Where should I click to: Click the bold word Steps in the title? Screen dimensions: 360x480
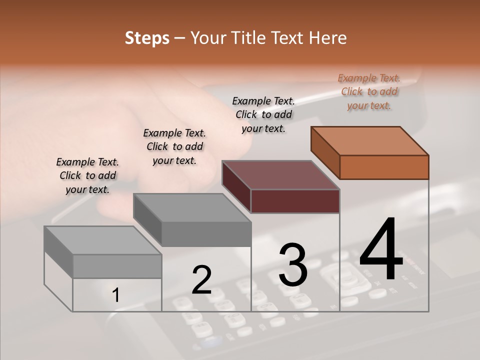[147, 38]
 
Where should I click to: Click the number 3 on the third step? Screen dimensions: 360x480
[292, 265]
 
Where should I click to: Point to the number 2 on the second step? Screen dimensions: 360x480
[201, 279]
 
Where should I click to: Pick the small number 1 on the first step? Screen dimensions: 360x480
[116, 295]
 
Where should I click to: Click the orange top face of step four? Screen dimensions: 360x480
[370, 140]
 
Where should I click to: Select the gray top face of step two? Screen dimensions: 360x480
[192, 207]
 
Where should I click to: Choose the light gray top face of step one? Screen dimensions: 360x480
[102, 240]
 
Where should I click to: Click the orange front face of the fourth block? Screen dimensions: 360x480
[384, 167]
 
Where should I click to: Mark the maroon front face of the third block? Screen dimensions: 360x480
[295, 201]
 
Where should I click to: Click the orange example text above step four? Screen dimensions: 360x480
[369, 91]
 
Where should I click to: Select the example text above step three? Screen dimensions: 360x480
[263, 114]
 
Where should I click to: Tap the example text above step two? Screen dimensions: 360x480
[174, 146]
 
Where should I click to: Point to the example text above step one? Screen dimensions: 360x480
[87, 175]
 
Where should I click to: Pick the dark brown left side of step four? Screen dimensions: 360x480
[325, 152]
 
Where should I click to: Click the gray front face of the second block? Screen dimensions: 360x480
[206, 234]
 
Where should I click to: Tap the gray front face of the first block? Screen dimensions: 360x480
[117, 266]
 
